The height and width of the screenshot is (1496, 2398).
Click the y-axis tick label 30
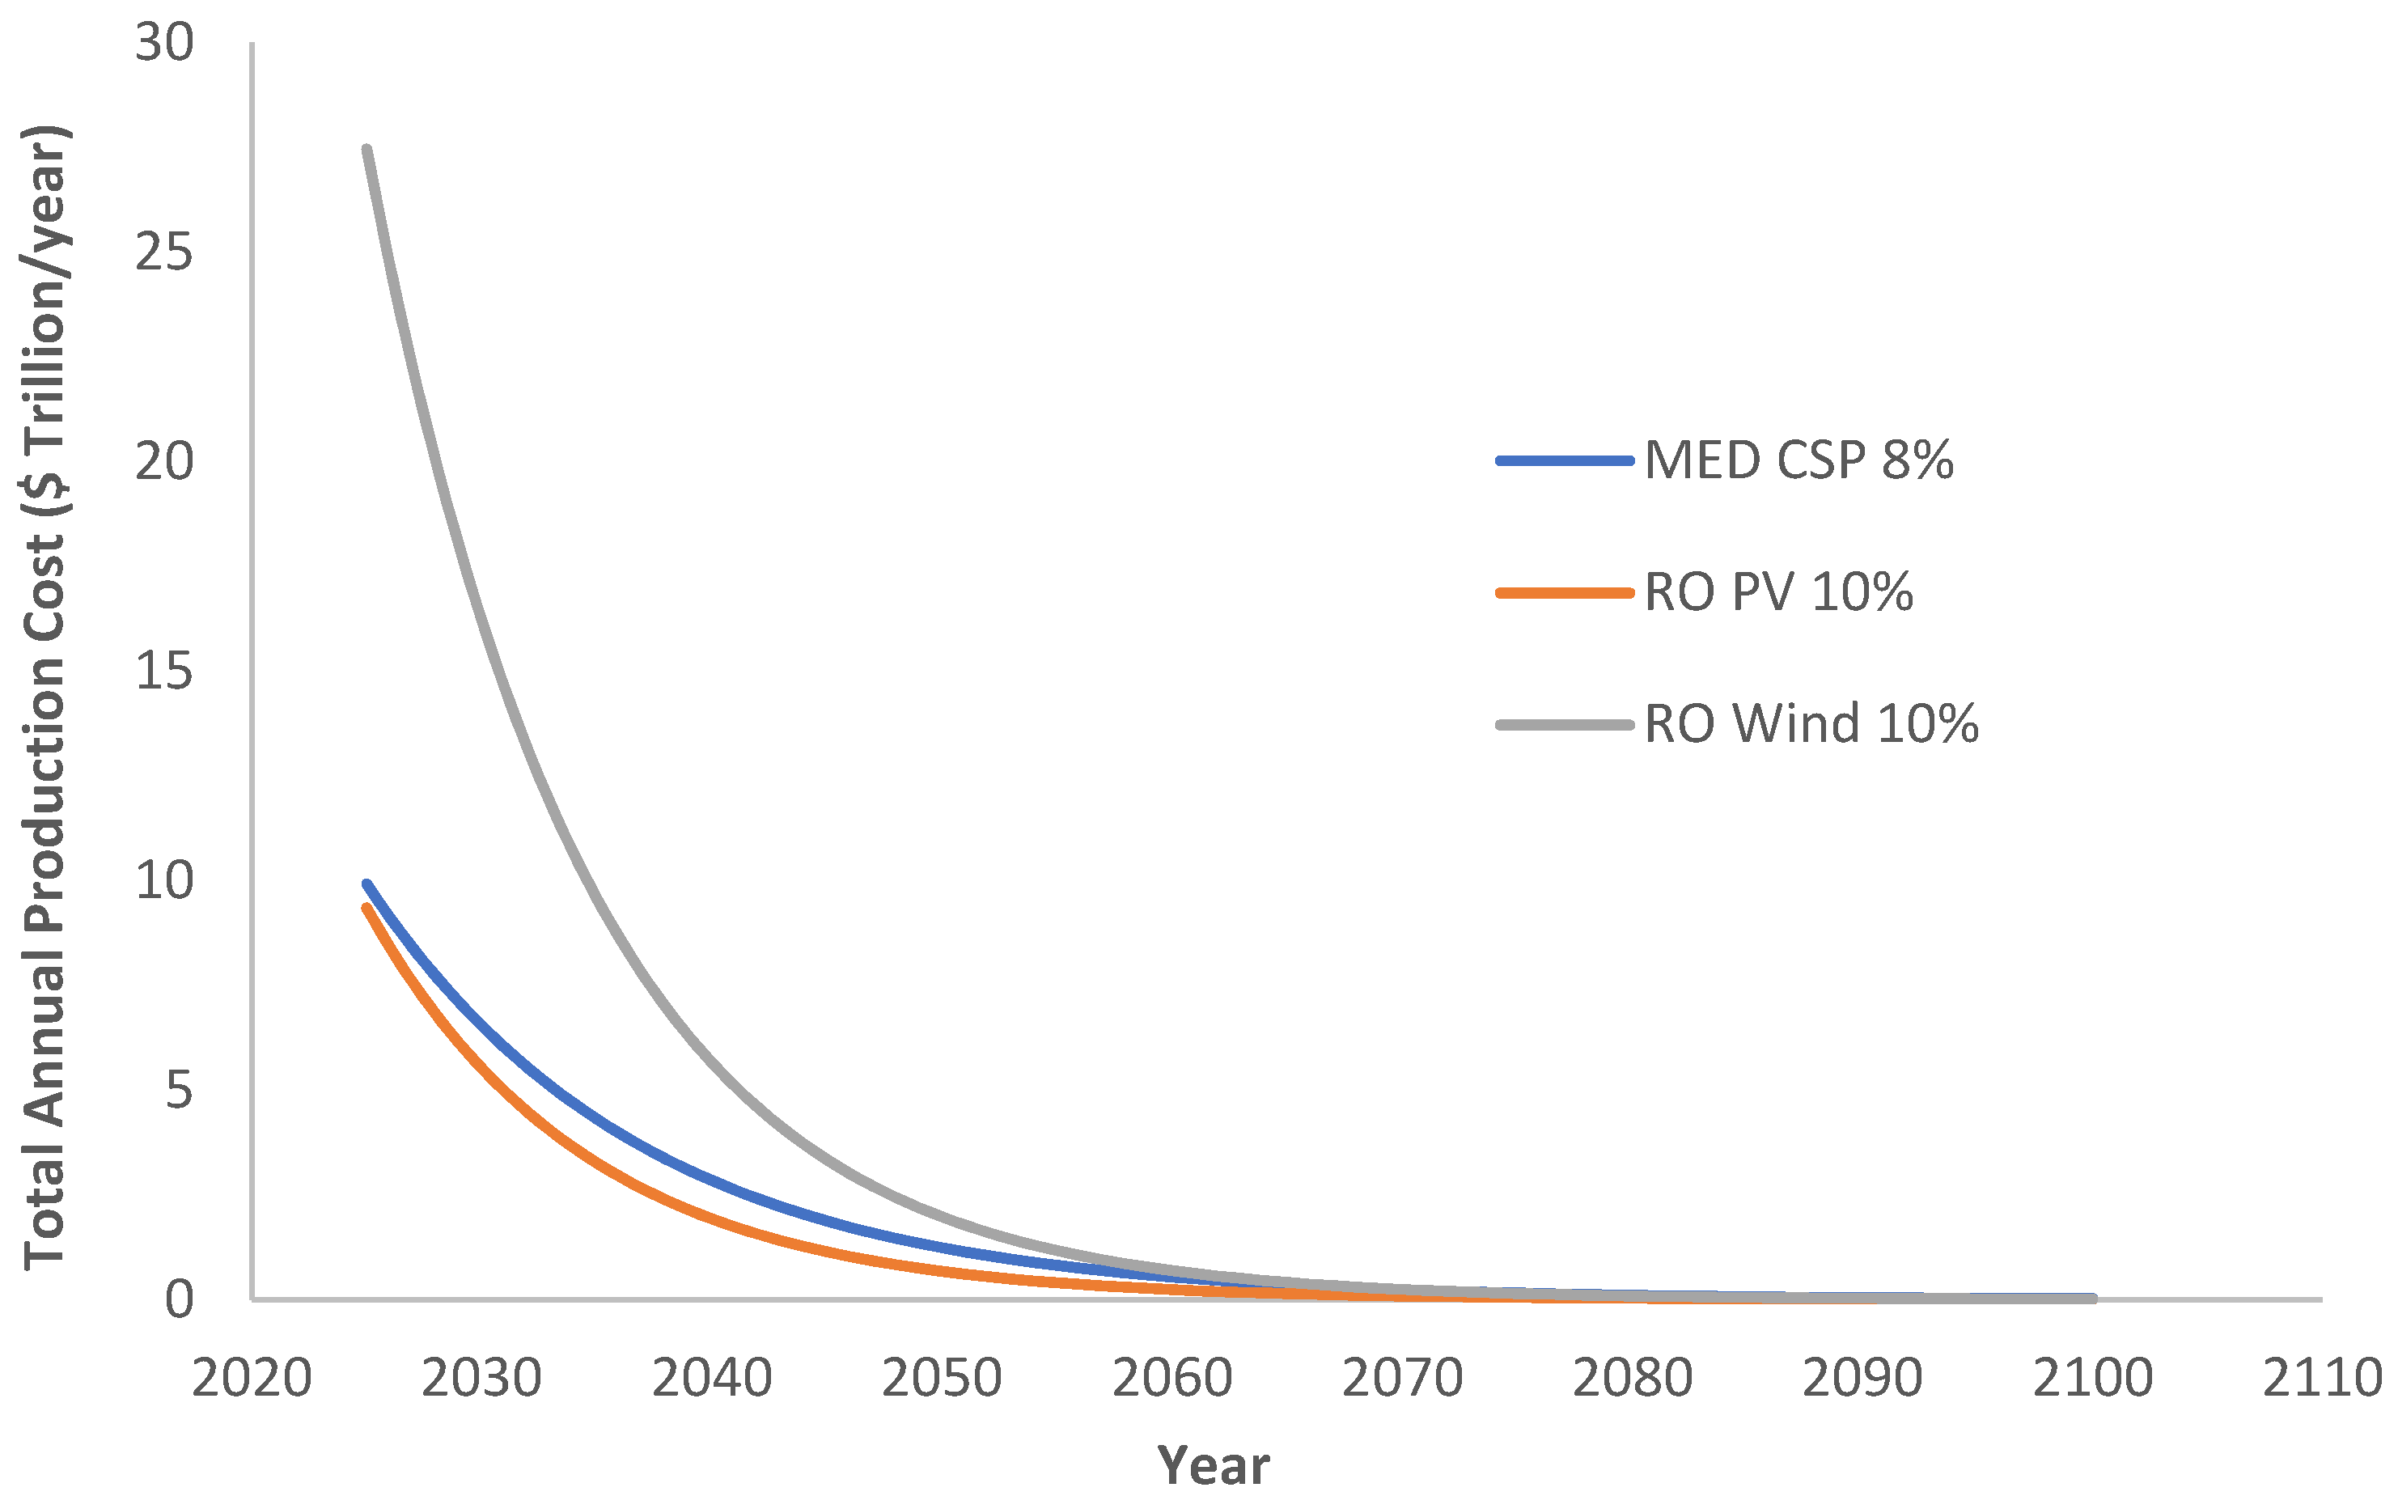[164, 44]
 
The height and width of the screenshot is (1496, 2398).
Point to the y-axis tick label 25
[164, 252]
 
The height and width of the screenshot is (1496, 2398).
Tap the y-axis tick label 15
[164, 672]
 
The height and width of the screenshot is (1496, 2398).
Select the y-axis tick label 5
[179, 1091]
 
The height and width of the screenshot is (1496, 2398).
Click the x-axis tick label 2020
[252, 1378]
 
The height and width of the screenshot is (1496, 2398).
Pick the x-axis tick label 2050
[942, 1378]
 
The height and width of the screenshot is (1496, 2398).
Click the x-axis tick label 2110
[2322, 1378]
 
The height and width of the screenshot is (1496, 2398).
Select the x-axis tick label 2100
[2092, 1378]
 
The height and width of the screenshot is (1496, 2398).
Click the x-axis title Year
[1213, 1465]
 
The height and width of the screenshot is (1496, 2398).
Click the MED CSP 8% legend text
[1798, 460]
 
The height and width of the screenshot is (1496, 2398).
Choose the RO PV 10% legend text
[1777, 593]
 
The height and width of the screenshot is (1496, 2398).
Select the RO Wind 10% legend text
[1811, 724]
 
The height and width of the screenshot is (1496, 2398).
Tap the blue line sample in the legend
[1564, 460]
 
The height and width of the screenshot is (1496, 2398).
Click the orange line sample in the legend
[1564, 593]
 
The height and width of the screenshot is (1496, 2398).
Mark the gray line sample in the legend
[1564, 724]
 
